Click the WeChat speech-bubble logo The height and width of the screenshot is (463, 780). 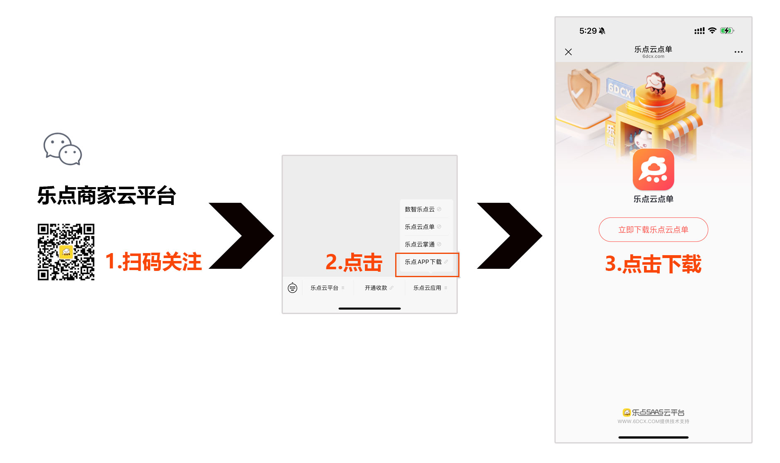coord(63,149)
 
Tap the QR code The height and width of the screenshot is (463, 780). coord(66,252)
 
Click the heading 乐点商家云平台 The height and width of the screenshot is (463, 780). coord(107,195)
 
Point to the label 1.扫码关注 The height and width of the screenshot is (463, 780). coord(153,262)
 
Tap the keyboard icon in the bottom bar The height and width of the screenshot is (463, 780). coord(292,288)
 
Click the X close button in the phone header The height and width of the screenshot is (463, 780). coord(568,52)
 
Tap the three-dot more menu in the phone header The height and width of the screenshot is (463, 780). coord(739,52)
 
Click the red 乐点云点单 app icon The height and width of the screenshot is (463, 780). coord(653,170)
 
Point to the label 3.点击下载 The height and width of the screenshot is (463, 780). coord(653,264)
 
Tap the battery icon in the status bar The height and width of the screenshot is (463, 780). coord(727,31)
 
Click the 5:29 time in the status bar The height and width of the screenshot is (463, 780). coord(588,31)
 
